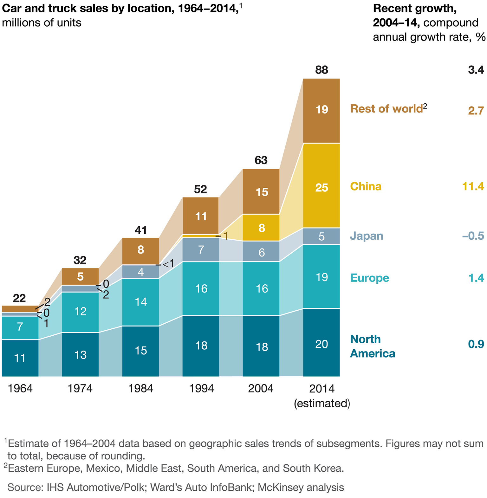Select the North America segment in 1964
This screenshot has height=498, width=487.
pos(20,358)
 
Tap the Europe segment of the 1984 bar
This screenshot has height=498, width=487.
pos(140,302)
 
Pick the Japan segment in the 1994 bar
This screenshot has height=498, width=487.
pos(201,250)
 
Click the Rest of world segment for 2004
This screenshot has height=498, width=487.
pos(261,191)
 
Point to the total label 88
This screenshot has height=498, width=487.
pos(321,70)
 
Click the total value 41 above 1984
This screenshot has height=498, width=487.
pos(140,230)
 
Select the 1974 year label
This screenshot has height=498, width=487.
pos(80,388)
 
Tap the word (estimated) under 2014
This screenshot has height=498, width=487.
pos(322,404)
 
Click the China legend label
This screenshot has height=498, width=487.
pos(366,186)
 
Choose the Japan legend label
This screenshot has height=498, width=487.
pos(367,236)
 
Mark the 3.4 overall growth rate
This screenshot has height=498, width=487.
pos(476,70)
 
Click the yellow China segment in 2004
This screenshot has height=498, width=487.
pos(261,228)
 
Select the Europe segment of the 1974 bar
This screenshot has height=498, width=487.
pos(80,312)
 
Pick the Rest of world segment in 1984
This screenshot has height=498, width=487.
pos(140,250)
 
